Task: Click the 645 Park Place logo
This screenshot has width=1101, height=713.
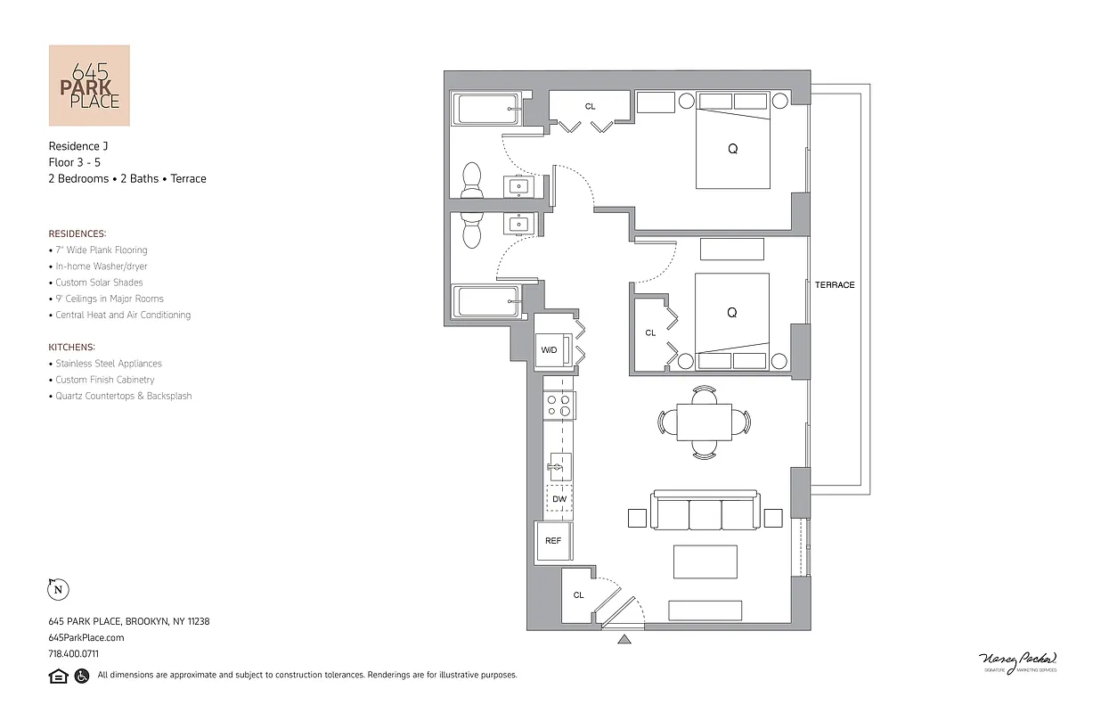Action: (89, 86)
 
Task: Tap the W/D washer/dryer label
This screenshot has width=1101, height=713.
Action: (550, 350)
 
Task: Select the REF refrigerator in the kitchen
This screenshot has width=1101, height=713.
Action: (553, 541)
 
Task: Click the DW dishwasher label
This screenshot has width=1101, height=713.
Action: (559, 499)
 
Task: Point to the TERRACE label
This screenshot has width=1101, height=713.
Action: (835, 285)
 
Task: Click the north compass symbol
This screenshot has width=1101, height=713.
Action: (58, 589)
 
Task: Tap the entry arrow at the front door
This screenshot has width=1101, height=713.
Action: (624, 638)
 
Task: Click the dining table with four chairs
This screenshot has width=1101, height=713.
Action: (704, 422)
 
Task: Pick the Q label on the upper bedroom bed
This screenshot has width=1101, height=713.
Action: (732, 149)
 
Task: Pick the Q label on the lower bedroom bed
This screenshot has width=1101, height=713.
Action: (731, 313)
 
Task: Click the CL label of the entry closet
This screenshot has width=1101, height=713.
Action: (578, 595)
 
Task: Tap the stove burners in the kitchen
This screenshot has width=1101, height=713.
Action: (559, 406)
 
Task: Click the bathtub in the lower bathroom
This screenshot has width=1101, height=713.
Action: (486, 301)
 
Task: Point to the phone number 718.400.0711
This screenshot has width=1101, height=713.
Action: (74, 653)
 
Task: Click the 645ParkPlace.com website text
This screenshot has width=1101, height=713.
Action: (86, 637)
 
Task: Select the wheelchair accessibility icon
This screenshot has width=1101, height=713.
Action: (82, 676)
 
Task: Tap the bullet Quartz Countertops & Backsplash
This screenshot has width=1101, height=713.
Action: (123, 396)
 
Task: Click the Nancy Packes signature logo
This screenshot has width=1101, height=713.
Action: (1016, 661)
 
